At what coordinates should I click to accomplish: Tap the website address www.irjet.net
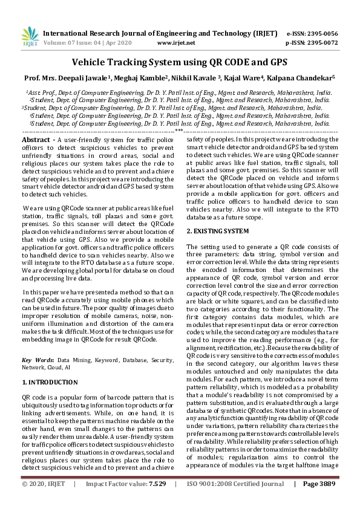pos(175,43)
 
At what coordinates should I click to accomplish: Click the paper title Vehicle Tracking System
pos(180,62)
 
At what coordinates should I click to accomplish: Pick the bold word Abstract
pos(36,140)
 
